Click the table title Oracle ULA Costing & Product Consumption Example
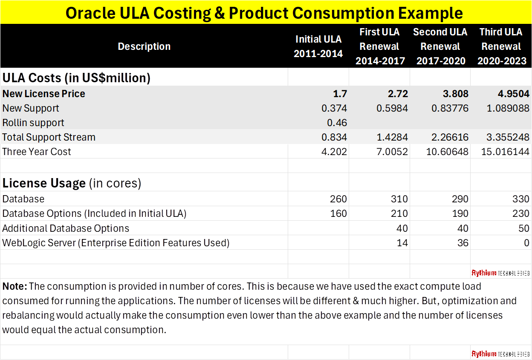click(264, 13)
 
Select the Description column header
click(144, 46)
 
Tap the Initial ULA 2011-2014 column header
click(318, 46)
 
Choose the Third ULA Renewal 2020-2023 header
click(501, 46)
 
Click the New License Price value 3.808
click(454, 94)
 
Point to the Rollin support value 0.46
click(337, 123)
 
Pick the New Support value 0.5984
click(392, 108)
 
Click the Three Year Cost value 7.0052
click(392, 152)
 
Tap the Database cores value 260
click(338, 199)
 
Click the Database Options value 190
click(460, 213)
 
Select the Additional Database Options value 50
click(523, 228)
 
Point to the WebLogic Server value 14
click(402, 243)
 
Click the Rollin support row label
click(33, 123)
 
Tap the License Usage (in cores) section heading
click(72, 183)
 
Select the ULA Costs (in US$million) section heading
click(76, 78)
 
